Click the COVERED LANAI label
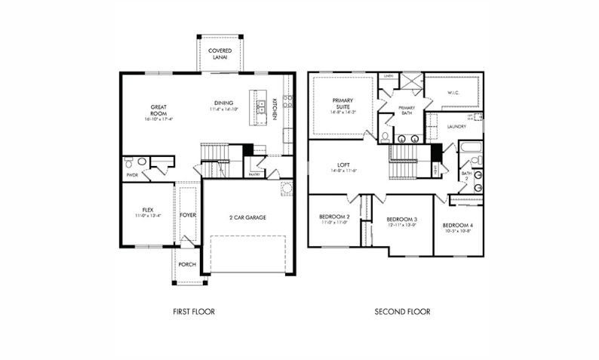click(220, 54)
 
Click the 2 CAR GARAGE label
click(247, 217)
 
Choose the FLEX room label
click(148, 210)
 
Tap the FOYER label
click(188, 215)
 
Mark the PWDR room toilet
click(130, 162)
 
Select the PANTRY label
click(254, 174)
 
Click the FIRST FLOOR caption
click(194, 312)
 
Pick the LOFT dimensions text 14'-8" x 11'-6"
click(343, 171)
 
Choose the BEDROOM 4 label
click(458, 226)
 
